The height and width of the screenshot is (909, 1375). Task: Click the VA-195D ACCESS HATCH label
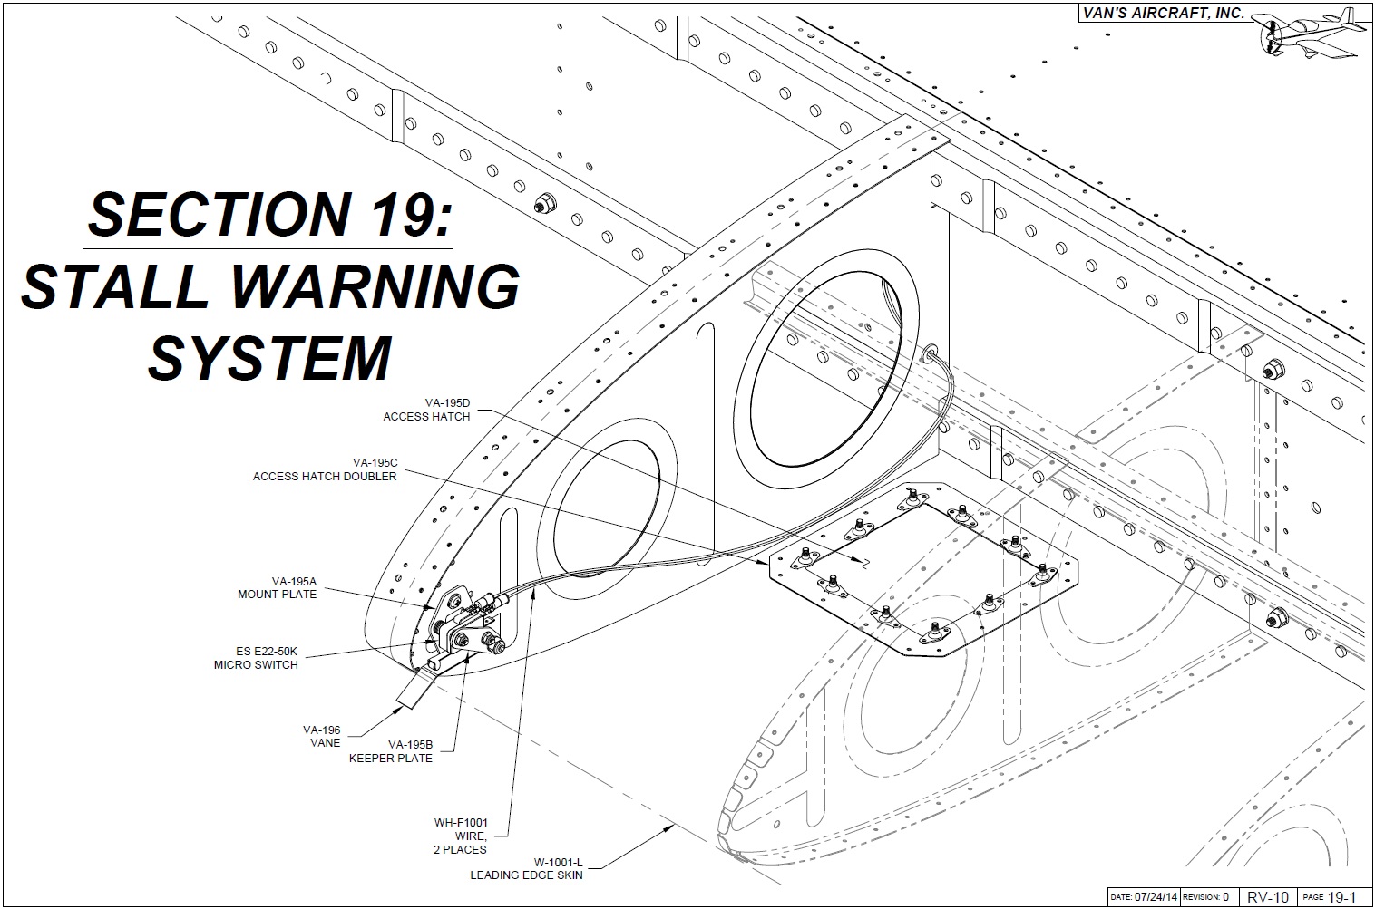click(426, 410)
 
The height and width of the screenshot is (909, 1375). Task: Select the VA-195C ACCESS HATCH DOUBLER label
click(325, 469)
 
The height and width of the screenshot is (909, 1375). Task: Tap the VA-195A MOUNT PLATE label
click(278, 588)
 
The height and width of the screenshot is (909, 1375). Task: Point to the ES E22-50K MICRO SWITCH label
click(256, 657)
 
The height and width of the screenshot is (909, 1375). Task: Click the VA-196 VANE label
click(322, 736)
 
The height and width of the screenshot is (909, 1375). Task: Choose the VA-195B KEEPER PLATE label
click(391, 751)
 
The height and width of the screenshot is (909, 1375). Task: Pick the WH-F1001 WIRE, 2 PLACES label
click(461, 836)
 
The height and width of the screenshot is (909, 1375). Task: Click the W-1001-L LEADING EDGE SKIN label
click(526, 869)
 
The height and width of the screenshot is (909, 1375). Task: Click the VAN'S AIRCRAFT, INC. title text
click(1164, 14)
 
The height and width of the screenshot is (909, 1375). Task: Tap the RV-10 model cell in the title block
click(1268, 897)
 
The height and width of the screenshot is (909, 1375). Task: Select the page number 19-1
click(1341, 897)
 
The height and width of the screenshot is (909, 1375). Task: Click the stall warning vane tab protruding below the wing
click(413, 694)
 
